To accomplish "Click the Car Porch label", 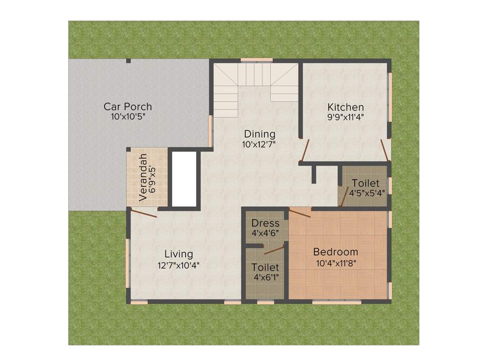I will point(127,107).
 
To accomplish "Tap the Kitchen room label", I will point(345,107).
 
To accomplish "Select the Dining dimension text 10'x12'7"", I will point(259,145).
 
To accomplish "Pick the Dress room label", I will point(265,223).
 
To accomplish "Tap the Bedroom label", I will point(336,252).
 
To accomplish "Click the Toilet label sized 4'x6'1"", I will point(265,267).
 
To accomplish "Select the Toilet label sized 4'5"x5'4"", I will point(366,182).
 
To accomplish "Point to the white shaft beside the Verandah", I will point(184,179).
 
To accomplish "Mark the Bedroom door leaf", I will point(300,214).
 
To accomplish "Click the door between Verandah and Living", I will point(143,214).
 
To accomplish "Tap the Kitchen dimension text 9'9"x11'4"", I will point(345,117).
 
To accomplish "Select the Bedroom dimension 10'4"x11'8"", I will point(336,263).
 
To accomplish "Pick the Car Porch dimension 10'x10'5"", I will point(128,117).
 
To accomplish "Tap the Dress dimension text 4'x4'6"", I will point(265,233).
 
